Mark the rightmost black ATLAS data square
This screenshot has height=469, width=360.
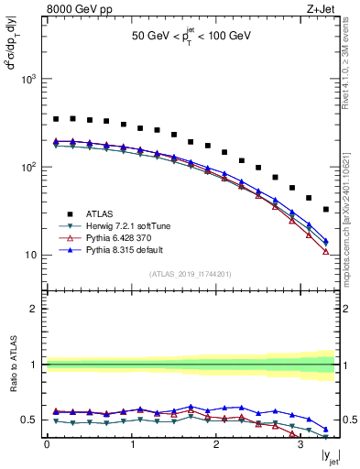(325, 210)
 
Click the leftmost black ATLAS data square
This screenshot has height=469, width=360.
(56, 119)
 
